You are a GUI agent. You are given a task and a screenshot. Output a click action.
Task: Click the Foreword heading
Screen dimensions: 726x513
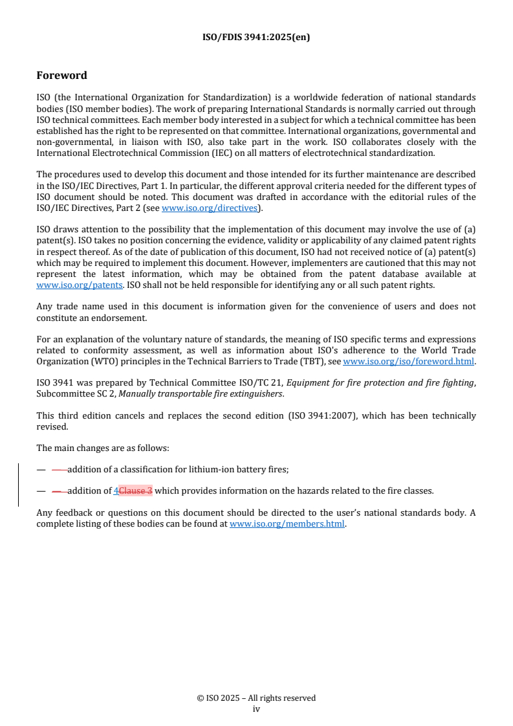click(x=61, y=75)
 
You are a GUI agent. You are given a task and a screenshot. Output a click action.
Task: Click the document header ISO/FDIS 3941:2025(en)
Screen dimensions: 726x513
click(x=256, y=37)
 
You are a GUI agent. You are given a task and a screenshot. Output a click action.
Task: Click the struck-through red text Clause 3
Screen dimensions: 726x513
click(x=136, y=491)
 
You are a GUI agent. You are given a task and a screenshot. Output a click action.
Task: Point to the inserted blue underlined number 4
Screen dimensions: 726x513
click(x=116, y=491)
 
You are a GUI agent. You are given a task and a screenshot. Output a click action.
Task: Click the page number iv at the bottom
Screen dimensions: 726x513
click(x=256, y=709)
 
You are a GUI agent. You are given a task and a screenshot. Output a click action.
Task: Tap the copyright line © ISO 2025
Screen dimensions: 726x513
click(x=256, y=698)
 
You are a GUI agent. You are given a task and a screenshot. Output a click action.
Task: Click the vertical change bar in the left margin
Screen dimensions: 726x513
click(x=18, y=484)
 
